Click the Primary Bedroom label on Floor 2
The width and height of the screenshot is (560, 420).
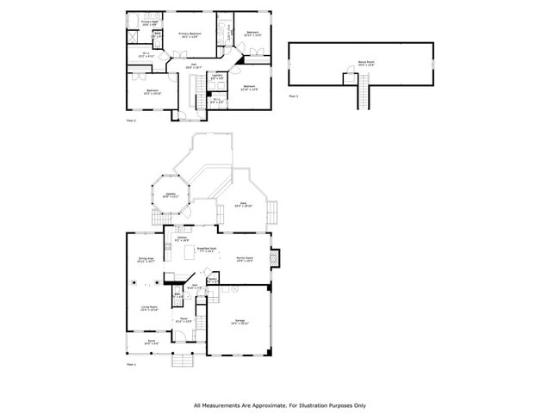tap(189, 35)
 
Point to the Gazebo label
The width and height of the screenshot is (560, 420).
tap(171, 195)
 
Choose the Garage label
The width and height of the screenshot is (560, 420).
tap(240, 322)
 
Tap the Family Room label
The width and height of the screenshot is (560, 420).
tap(244, 259)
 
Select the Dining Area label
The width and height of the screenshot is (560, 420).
tap(145, 259)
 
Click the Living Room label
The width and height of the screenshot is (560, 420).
tap(150, 307)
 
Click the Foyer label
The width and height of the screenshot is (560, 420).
tap(184, 320)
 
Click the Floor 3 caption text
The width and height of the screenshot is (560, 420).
tap(294, 96)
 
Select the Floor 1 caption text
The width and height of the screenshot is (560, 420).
tap(132, 366)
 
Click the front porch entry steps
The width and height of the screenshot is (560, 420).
tap(182, 360)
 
